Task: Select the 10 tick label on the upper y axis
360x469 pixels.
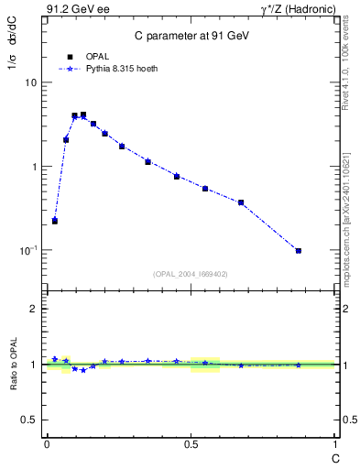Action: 30,82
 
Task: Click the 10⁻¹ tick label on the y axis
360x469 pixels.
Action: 27,250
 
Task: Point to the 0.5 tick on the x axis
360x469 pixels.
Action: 191,444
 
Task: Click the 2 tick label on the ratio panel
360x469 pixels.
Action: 35,309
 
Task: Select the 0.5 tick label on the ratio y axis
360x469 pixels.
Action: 31,420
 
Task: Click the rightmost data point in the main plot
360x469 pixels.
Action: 299,250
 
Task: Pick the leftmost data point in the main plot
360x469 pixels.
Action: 55,221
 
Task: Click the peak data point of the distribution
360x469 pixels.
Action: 83,115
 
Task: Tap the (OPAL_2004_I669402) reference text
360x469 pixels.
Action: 191,273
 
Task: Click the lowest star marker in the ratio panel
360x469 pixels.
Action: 83,370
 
